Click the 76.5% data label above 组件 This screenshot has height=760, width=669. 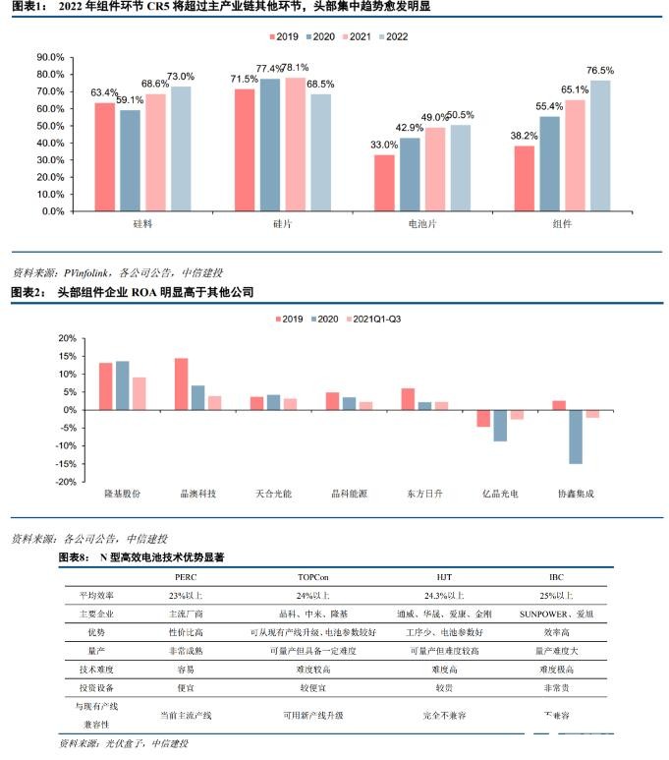599,71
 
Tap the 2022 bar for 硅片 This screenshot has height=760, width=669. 321,152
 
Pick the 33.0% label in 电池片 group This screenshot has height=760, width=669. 383,146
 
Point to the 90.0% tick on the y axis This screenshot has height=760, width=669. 49,57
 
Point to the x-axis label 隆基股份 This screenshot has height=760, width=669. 122,491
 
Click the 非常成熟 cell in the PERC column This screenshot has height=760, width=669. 186,650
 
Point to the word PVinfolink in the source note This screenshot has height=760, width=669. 86,271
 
